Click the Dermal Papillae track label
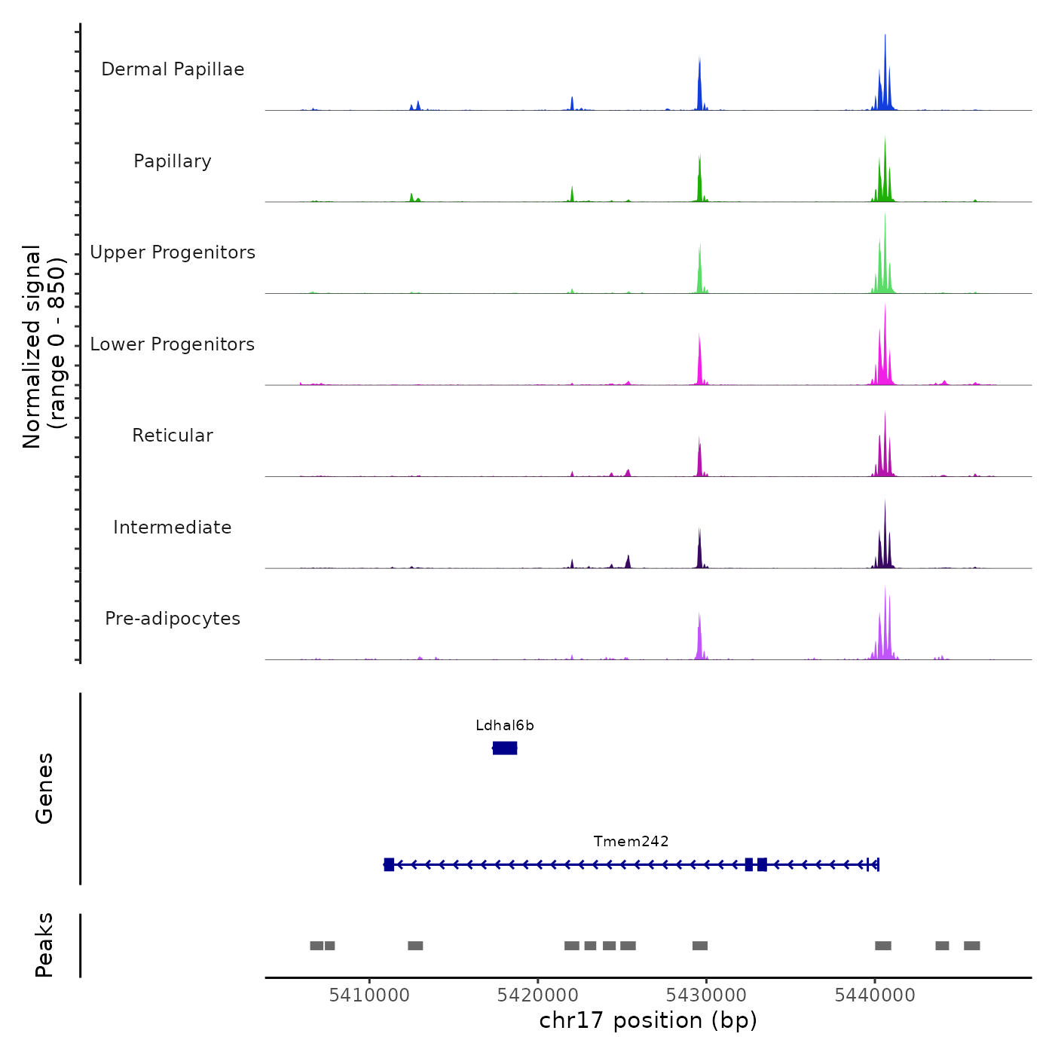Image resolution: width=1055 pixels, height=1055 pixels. click(173, 69)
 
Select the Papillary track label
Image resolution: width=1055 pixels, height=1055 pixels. click(173, 161)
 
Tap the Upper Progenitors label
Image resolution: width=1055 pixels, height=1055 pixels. click(173, 252)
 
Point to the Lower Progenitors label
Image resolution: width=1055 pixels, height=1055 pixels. click(173, 344)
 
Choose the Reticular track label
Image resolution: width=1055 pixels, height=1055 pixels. click(173, 436)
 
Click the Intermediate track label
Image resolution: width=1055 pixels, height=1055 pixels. click(173, 527)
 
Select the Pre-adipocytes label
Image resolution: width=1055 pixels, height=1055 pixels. click(173, 619)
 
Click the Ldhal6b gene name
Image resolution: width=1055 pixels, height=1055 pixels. click(505, 726)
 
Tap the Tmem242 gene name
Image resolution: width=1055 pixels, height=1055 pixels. click(631, 842)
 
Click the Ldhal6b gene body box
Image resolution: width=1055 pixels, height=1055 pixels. click(505, 748)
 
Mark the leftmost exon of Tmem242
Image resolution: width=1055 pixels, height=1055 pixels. click(389, 864)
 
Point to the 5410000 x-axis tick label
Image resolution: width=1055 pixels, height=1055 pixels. click(369, 995)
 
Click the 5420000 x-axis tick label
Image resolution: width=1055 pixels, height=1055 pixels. click(538, 995)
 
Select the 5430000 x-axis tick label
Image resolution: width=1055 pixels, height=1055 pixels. click(706, 995)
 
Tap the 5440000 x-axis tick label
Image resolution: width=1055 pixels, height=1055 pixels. click(875, 995)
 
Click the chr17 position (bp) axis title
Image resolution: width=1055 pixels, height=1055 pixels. click(648, 1020)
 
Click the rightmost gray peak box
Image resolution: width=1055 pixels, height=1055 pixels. click(972, 946)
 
